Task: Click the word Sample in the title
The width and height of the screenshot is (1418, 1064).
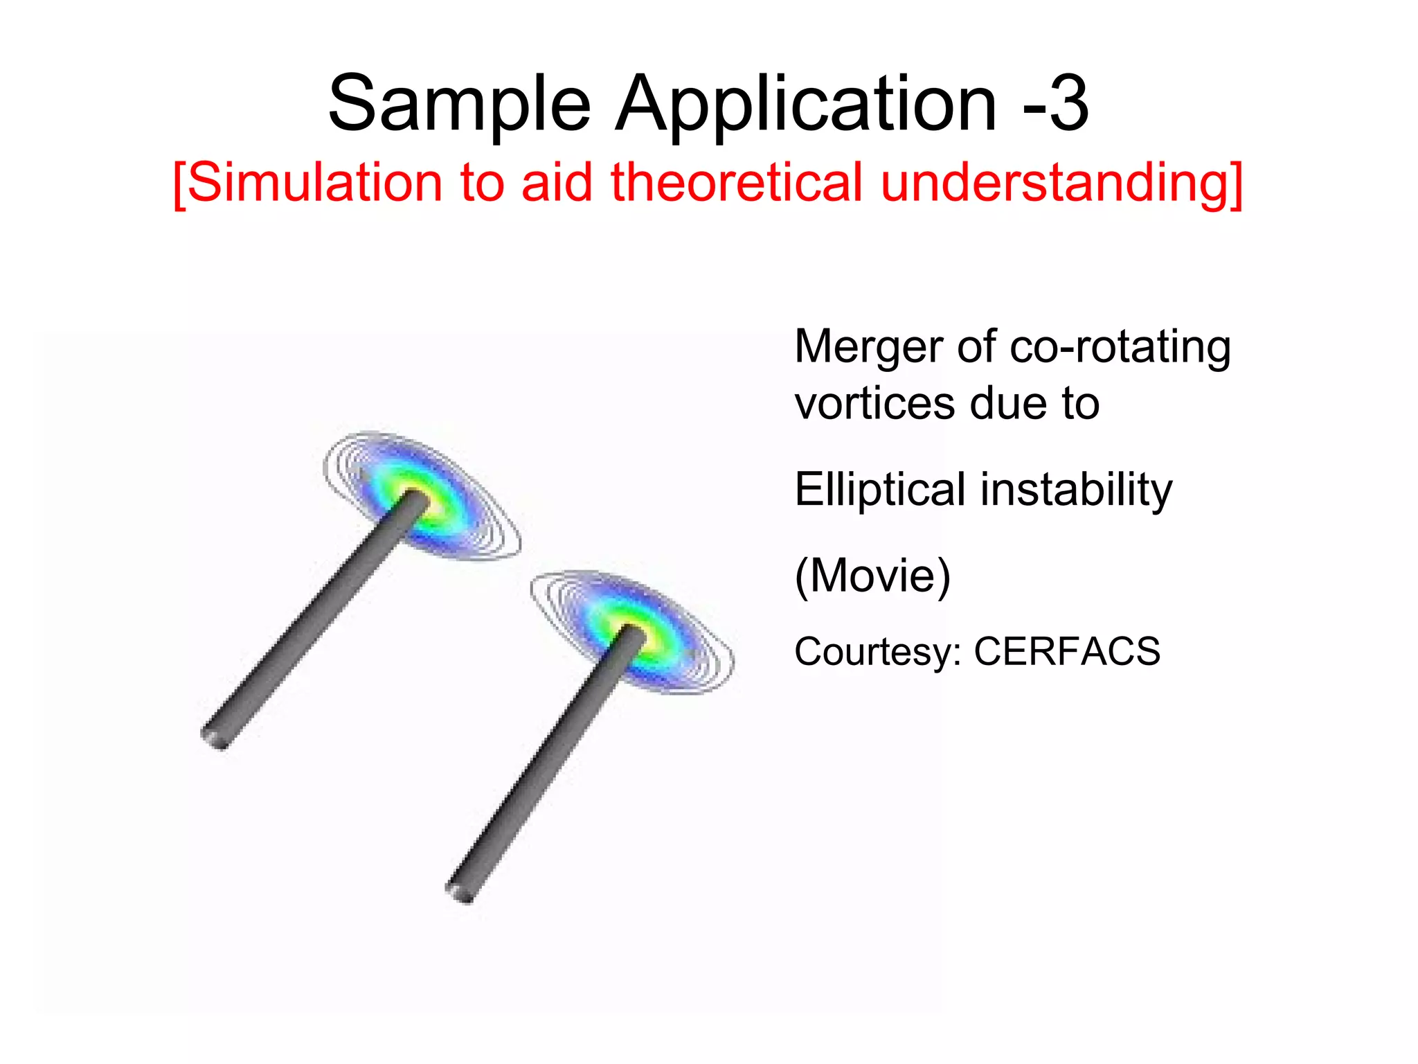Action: click(x=459, y=105)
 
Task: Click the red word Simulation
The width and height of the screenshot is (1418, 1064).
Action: click(x=315, y=183)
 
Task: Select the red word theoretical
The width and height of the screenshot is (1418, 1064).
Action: click(x=736, y=183)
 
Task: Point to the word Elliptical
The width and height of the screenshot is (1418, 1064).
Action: click(x=879, y=490)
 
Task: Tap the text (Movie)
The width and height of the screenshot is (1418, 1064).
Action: click(x=872, y=576)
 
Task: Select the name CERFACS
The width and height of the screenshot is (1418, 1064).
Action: click(x=1067, y=652)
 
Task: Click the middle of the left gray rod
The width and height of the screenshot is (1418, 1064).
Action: click(x=315, y=617)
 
